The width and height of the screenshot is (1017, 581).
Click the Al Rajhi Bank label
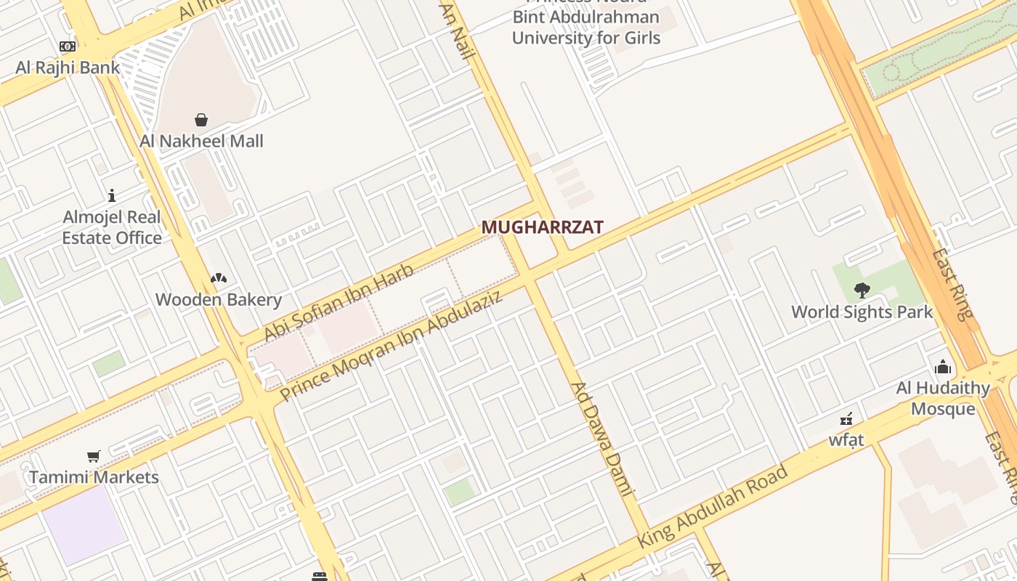coord(68,68)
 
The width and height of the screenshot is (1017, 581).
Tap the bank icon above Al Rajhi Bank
coord(68,46)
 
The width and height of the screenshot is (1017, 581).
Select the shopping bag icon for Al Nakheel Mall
coord(201,119)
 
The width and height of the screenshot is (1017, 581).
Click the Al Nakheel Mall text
coord(201,140)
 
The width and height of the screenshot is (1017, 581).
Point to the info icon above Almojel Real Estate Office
coord(112,195)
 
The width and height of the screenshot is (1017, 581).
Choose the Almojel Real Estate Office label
coord(112,227)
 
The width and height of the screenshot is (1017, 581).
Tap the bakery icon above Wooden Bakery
coord(219,277)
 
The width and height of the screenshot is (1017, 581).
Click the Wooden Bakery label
coord(219,299)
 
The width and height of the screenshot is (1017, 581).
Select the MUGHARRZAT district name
coord(542,227)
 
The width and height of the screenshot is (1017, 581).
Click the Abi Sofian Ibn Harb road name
coord(339,302)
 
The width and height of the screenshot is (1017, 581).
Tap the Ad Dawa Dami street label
coord(603,440)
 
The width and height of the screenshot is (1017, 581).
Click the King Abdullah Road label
coord(713,507)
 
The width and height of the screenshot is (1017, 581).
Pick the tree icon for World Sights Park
coord(862,290)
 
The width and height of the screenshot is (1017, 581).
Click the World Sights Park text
coord(862,312)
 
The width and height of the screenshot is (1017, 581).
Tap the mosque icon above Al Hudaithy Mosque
coord(943,366)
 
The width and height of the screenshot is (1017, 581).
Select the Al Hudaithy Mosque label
coord(943,398)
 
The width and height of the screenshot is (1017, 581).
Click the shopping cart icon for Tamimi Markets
coord(93,456)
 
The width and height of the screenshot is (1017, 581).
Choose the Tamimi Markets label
coord(94,477)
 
